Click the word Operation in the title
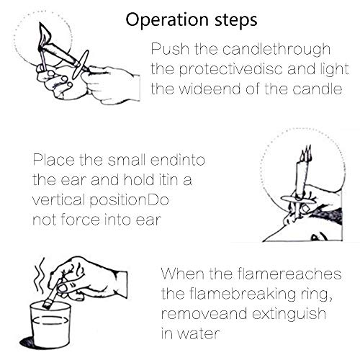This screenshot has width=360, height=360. coord(167,20)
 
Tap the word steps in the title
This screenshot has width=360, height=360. coord(236,21)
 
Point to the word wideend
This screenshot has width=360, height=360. coord(210,89)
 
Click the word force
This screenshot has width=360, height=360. coord(81,220)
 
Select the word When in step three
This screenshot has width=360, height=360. coord(181,274)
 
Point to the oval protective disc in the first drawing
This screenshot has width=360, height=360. coord(81,64)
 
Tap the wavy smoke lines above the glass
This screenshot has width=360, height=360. coord(40,275)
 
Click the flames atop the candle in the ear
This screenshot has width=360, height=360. coord(305,153)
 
